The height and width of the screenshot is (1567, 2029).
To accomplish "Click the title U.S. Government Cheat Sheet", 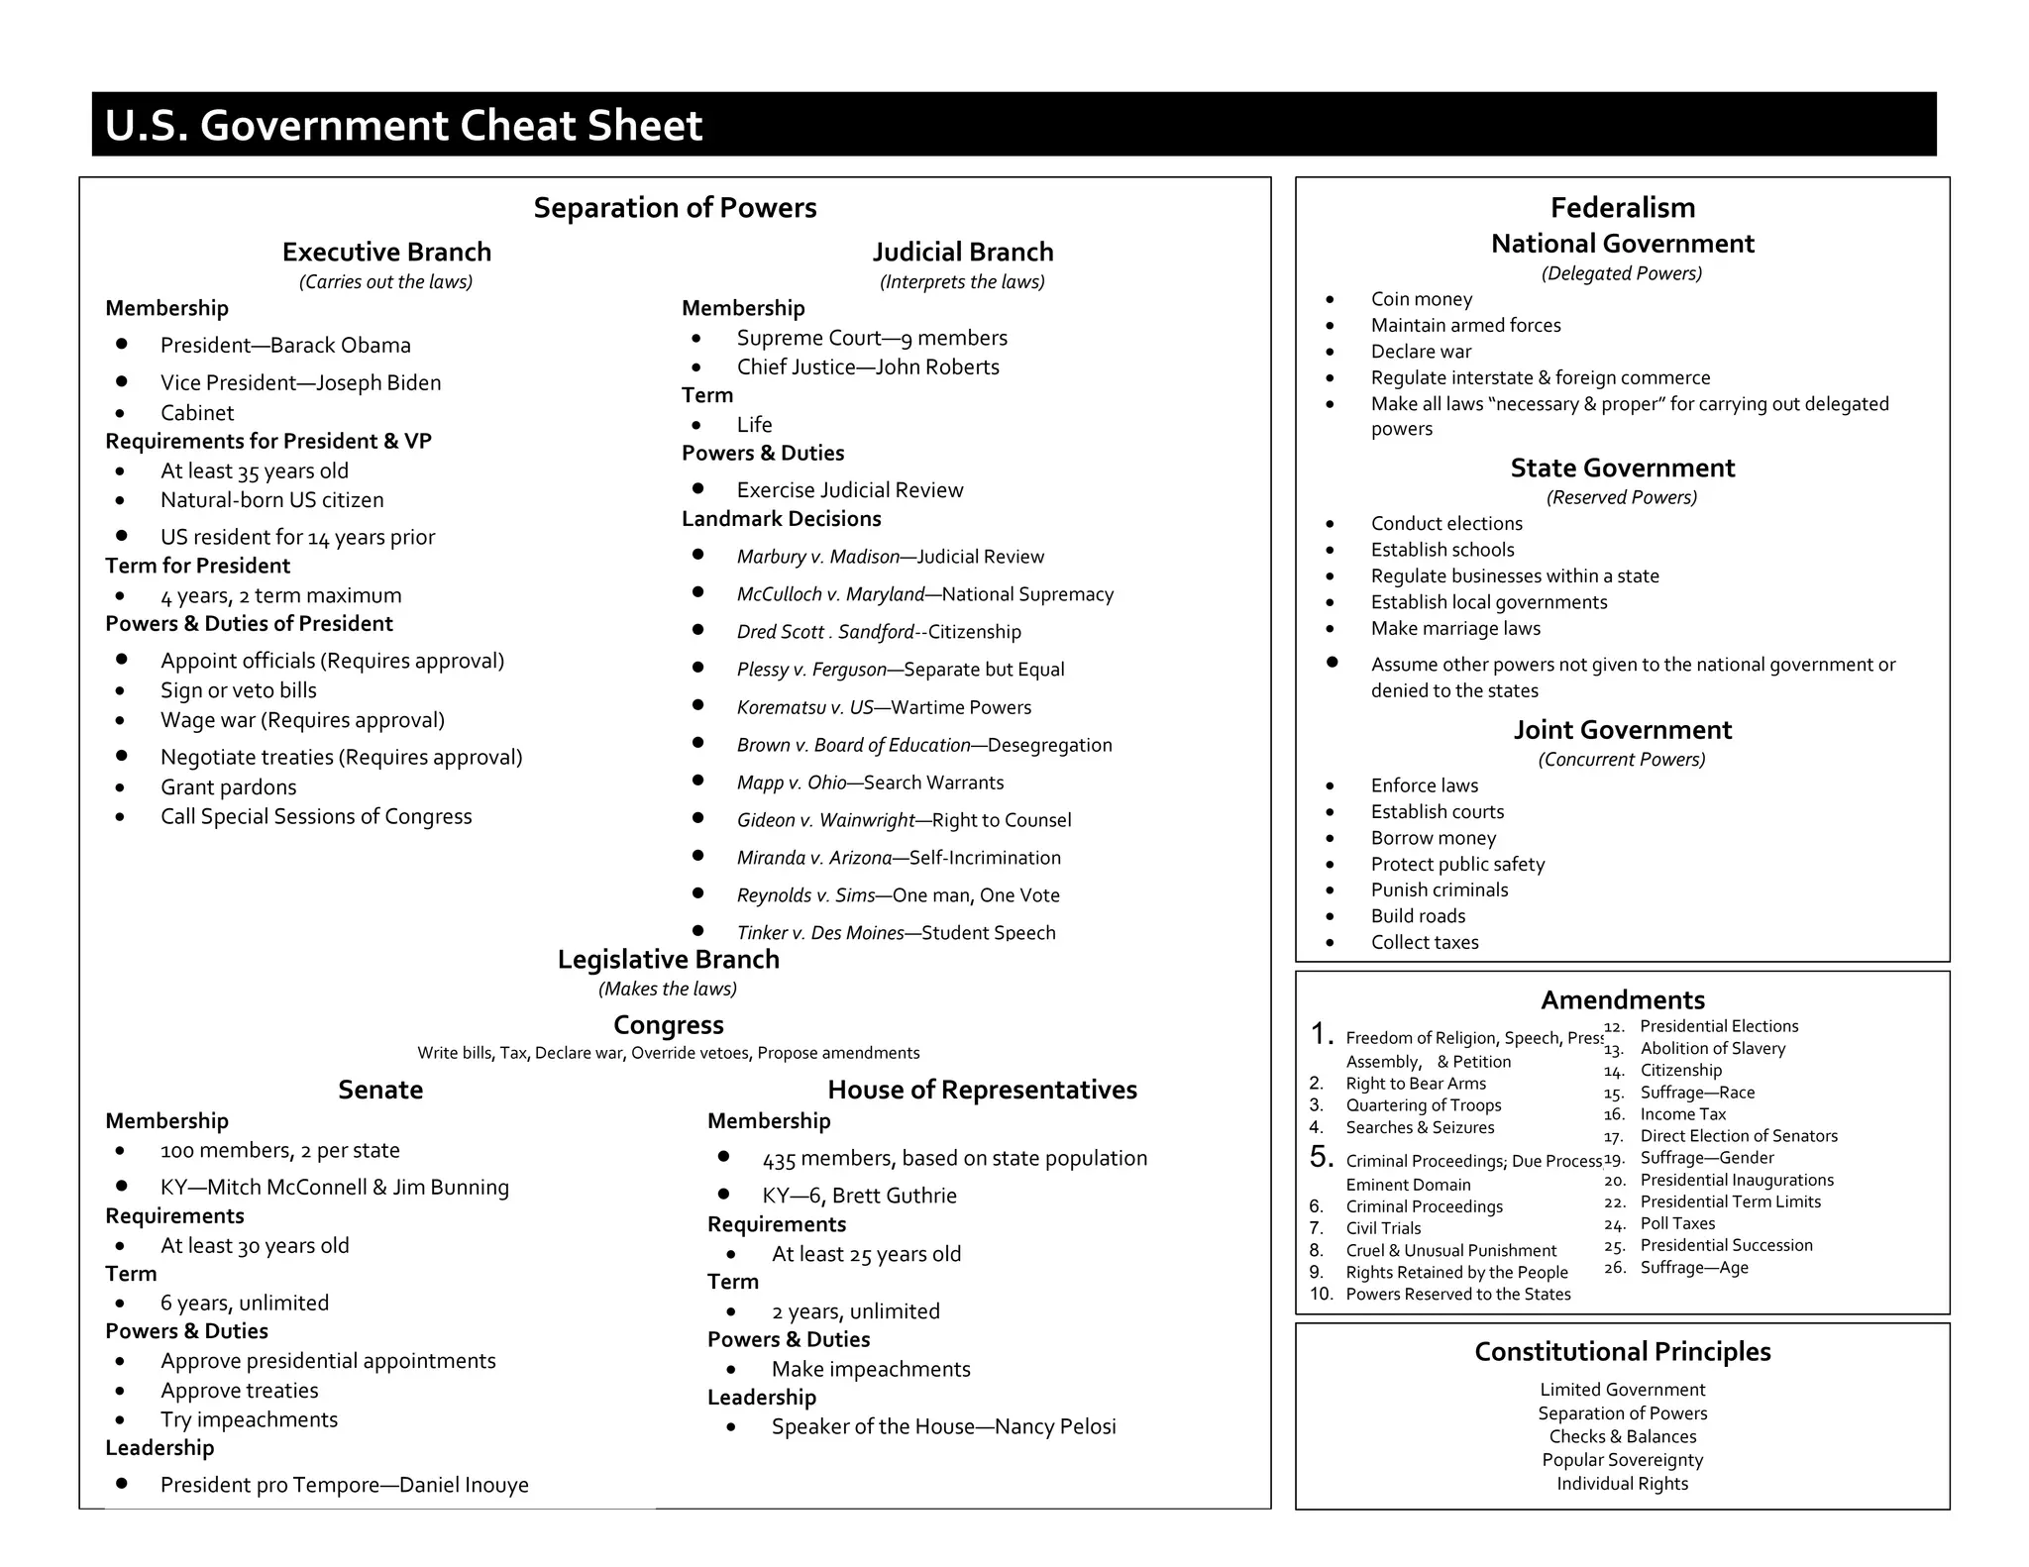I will pos(403,126).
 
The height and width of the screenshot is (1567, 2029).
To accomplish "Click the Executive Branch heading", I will pos(386,252).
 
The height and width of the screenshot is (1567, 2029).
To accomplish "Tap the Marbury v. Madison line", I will pos(890,557).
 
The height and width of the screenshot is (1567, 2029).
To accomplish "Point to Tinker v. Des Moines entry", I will pos(896,932).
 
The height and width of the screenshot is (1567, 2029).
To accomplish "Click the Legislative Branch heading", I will pos(668,959).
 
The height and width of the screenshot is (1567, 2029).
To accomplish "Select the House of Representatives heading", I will pos(982,1090).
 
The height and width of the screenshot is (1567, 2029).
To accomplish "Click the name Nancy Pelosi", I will pos(1055,1426).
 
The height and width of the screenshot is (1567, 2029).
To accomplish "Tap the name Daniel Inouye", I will pos(464,1485).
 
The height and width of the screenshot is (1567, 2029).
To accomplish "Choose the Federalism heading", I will pos(1622,208).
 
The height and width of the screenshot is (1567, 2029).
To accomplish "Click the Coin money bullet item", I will pos(1421,299).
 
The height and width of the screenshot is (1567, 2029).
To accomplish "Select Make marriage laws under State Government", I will pos(1455,628).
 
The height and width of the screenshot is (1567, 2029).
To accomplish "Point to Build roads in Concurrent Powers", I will pos(1418,916).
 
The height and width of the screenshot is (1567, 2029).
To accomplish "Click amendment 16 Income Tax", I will pos(1682,1114).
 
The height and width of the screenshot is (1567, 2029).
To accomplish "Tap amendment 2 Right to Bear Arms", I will pos(1415,1084).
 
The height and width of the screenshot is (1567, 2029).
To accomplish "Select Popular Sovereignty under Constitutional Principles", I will pos(1622,1460).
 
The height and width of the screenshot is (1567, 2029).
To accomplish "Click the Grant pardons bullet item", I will pos(228,787).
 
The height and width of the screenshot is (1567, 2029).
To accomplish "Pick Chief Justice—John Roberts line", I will pos(867,367).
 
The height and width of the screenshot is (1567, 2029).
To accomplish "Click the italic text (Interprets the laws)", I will pos(962,282).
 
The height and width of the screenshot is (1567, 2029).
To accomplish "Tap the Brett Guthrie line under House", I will pos(859,1196).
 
